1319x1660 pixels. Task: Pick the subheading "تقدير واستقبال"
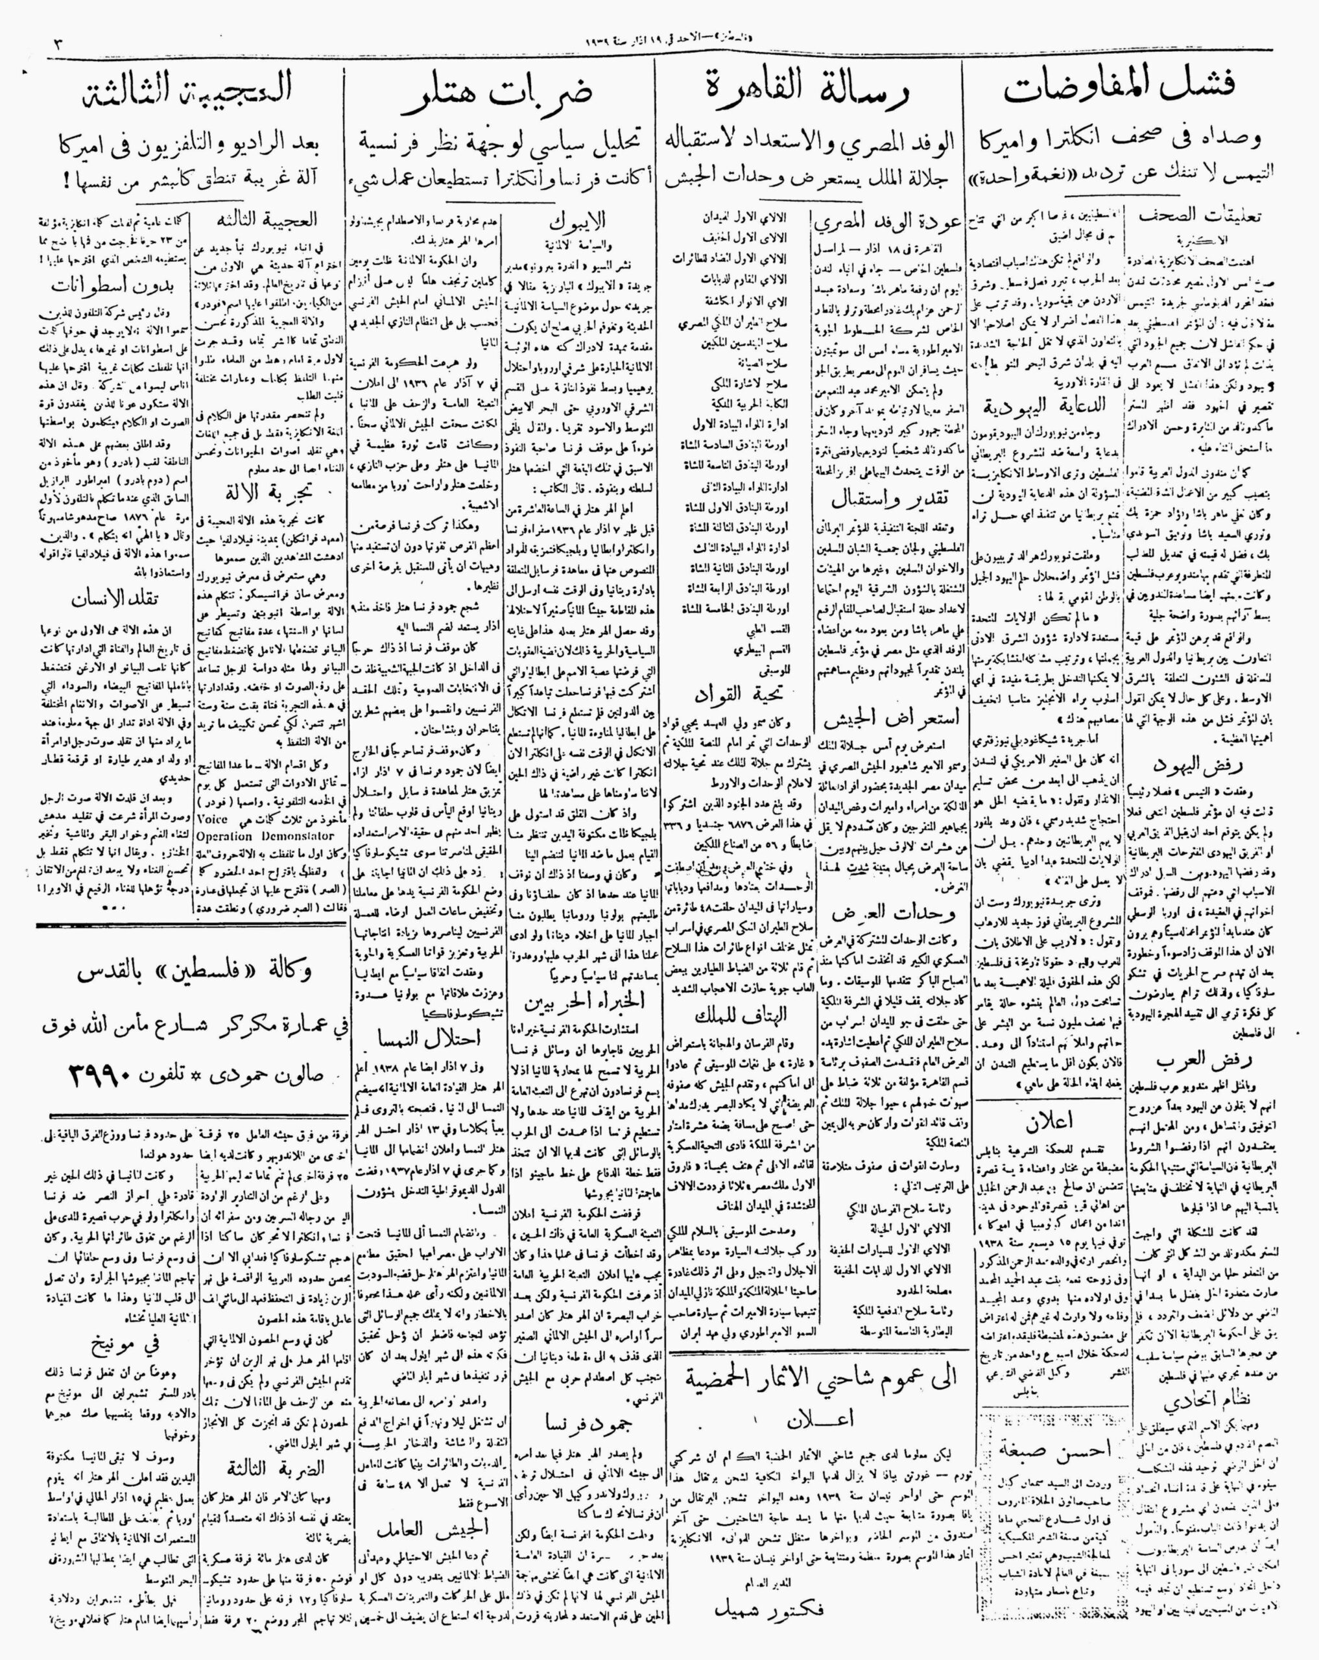892,499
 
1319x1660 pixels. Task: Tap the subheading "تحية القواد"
735,693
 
